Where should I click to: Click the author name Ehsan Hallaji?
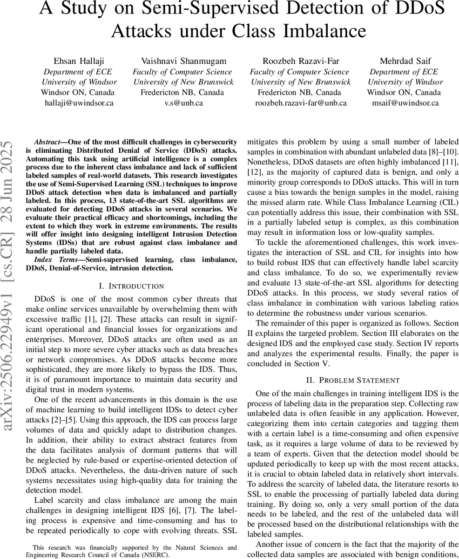pos(79,61)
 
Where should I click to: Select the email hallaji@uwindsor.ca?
pos(79,103)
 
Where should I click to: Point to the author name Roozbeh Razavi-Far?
pos(299,61)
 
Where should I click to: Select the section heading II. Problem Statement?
pos(352,381)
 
